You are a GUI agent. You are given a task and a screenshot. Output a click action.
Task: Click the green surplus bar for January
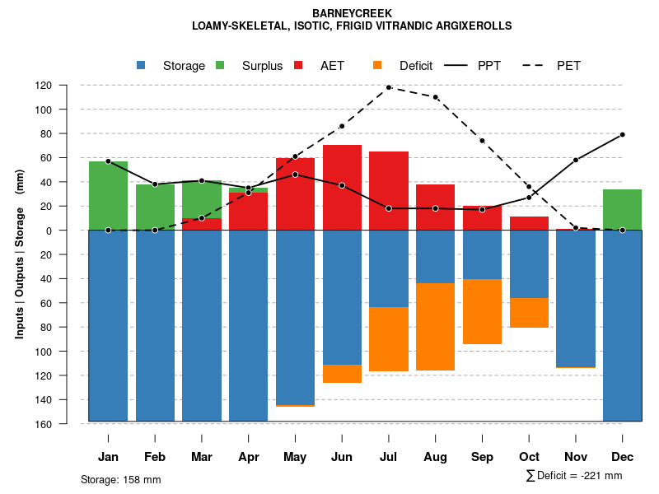[x=108, y=196]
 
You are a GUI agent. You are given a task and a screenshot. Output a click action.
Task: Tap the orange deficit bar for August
[x=435, y=327]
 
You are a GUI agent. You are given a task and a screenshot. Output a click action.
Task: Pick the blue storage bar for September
[x=482, y=254]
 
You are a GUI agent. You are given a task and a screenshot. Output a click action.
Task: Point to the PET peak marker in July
[x=389, y=87]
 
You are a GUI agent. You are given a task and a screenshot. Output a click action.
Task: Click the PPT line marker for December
[x=622, y=134]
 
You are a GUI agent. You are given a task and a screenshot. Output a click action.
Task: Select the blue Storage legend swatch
[x=142, y=66]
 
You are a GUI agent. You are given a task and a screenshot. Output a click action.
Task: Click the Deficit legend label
[x=416, y=66]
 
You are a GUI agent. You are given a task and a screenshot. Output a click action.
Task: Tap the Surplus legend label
[x=262, y=66]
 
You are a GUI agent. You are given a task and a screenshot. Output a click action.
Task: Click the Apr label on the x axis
[x=248, y=457]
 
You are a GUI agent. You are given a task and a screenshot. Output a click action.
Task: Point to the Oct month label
[x=529, y=457]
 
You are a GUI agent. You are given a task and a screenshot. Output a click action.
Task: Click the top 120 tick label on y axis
[x=67, y=86]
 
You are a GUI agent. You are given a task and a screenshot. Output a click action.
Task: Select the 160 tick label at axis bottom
[x=67, y=424]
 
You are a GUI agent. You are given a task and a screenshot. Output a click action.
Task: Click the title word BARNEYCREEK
[x=352, y=13]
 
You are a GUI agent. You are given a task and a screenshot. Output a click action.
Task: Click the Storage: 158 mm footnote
[x=120, y=479]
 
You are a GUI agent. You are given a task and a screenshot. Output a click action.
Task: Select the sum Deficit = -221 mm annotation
[x=574, y=476]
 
